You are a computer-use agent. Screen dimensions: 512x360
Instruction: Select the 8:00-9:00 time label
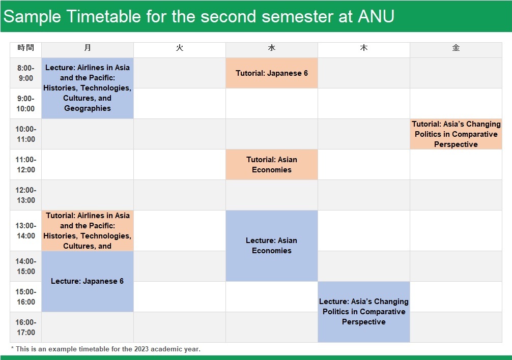tap(26, 73)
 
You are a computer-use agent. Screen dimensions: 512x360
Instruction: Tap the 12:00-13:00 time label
tap(26, 195)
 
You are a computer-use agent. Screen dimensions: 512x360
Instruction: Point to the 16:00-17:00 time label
tap(26, 327)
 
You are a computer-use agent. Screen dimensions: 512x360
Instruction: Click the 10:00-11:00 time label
tap(26, 134)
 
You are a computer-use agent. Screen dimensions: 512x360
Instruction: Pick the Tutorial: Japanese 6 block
tap(272, 73)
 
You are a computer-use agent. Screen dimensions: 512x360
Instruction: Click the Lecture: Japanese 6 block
tap(88, 281)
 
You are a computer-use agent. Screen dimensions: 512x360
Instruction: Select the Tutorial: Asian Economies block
tap(272, 165)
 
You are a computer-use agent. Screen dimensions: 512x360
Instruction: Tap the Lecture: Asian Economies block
tap(272, 246)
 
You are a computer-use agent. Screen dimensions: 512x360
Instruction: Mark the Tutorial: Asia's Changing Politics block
tap(456, 134)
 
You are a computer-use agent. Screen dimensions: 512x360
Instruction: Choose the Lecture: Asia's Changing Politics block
tap(364, 312)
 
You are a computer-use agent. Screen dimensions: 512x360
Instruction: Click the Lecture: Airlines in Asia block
tap(88, 88)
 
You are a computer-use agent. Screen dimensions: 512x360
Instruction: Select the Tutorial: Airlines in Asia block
tap(88, 230)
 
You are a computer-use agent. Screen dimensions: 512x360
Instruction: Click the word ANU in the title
tap(376, 16)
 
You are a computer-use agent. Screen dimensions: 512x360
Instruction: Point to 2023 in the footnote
tap(141, 349)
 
